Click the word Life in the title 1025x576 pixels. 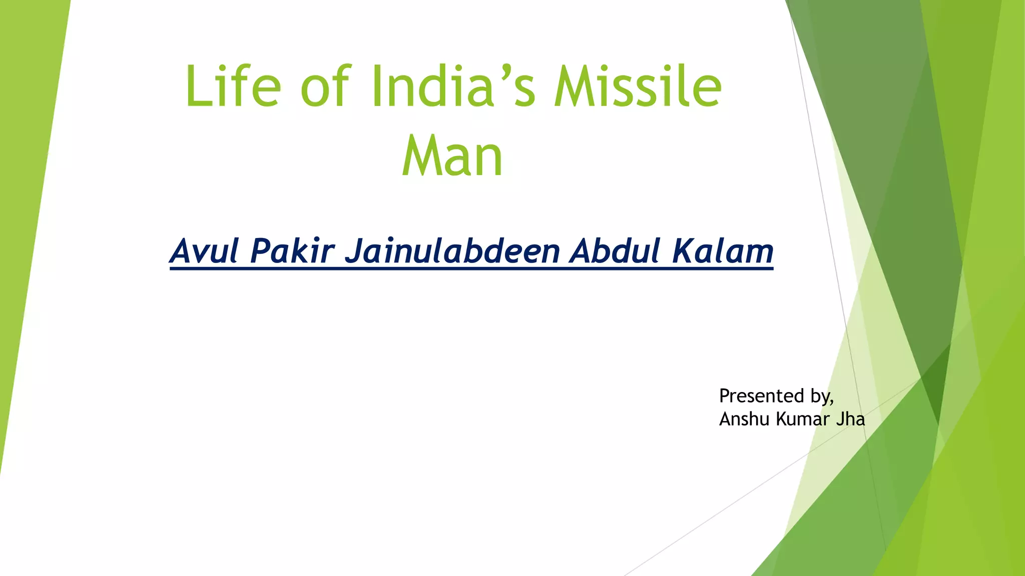(233, 86)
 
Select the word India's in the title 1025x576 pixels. (453, 86)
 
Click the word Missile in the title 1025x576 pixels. (638, 86)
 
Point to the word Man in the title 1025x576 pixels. (452, 156)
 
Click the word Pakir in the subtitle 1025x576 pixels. (292, 251)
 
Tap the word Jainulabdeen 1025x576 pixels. (452, 251)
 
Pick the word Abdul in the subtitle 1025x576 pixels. (615, 251)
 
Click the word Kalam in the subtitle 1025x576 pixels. (722, 251)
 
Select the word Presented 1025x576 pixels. (761, 396)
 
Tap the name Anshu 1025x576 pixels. (744, 419)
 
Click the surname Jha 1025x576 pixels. (850, 419)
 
